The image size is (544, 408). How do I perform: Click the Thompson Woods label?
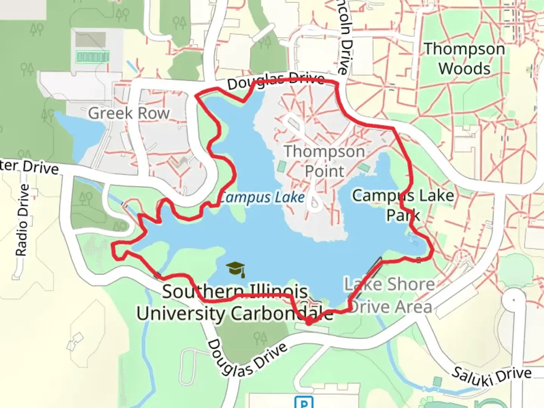(464, 59)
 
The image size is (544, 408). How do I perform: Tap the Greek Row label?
(129, 113)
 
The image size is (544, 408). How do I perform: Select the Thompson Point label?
(324, 161)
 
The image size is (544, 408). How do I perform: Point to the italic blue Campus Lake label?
(262, 197)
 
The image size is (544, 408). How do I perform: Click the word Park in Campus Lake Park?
(403, 215)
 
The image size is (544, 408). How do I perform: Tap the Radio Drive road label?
(22, 220)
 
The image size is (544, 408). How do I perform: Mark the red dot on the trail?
(309, 322)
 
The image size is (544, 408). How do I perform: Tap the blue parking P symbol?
(304, 403)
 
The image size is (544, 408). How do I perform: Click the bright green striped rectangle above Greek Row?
(93, 57)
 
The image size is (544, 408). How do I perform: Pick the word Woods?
(464, 69)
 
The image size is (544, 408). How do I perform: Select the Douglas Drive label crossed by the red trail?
(276, 80)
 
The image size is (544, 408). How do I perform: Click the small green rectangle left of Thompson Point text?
(282, 166)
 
